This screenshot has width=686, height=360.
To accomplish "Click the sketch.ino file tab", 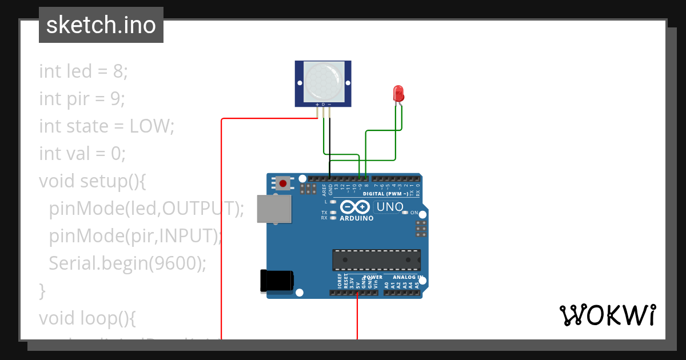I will pyautogui.click(x=101, y=25).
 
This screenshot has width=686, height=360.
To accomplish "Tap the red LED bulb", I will pyautogui.click(x=398, y=93).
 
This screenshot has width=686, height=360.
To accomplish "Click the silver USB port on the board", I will pyautogui.click(x=274, y=209).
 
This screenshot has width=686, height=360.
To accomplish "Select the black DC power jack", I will pyautogui.click(x=277, y=280).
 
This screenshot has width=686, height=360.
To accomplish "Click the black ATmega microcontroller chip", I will pyautogui.click(x=377, y=259).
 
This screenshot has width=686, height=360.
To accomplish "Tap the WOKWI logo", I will pyautogui.click(x=607, y=315).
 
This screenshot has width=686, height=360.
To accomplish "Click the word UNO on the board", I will pyautogui.click(x=390, y=206).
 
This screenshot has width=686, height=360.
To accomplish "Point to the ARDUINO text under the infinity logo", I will pyautogui.click(x=357, y=218).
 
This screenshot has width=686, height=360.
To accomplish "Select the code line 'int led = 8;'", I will pyautogui.click(x=83, y=71).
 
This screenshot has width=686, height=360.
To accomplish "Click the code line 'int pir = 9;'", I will pyautogui.click(x=82, y=99).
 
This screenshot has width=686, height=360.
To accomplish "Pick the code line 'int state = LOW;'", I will pyautogui.click(x=106, y=126).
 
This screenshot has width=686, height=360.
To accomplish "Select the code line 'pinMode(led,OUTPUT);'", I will pyautogui.click(x=146, y=209).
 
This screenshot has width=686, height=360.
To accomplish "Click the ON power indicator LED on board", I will pyautogui.click(x=405, y=213).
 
